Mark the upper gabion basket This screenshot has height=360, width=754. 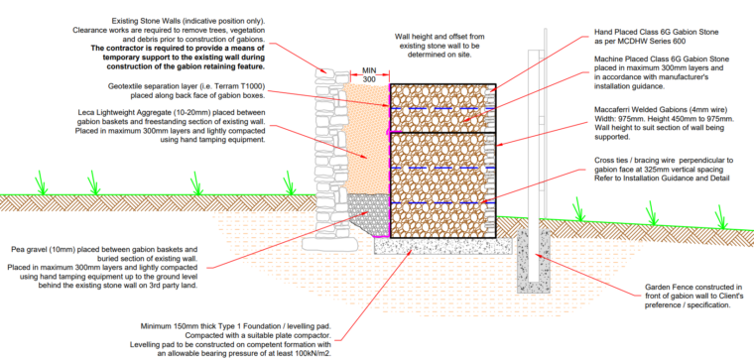pos(441,107)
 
